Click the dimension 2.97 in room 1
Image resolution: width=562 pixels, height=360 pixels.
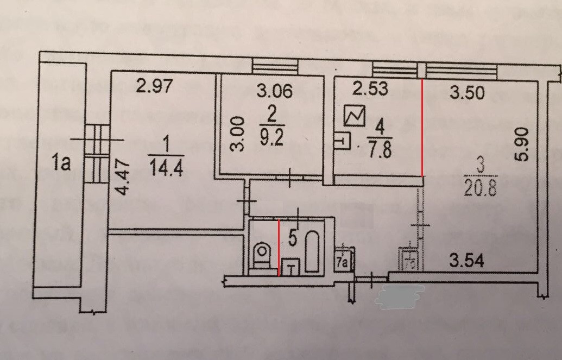[x=157, y=86]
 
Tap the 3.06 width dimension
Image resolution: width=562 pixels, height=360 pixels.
[x=274, y=91]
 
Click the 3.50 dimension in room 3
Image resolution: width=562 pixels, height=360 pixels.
[x=467, y=93]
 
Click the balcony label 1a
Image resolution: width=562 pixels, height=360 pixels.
[x=61, y=163]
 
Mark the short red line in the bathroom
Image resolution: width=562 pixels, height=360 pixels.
[x=279, y=247]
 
